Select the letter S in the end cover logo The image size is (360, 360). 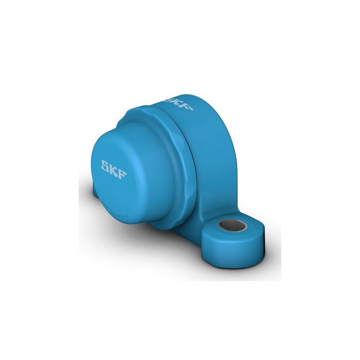point(105,164)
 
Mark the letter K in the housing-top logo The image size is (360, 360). point(179,103)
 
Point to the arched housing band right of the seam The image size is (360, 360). point(211,148)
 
